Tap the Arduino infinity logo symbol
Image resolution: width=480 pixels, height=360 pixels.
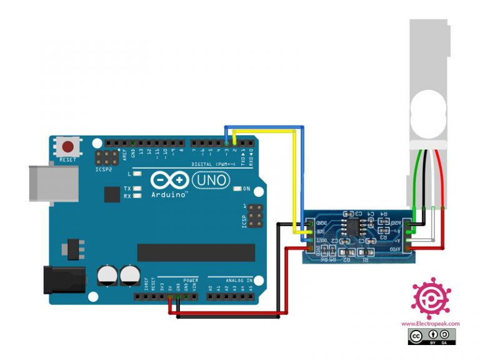pyautogui.click(x=169, y=180)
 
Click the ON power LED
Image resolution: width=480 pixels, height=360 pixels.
pyautogui.click(x=236, y=189)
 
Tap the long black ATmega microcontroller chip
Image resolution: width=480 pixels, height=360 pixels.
pyautogui.click(x=196, y=252)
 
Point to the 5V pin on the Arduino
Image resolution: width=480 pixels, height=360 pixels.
pyautogui.click(x=170, y=297)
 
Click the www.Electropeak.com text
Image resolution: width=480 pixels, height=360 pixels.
pyautogui.click(x=430, y=323)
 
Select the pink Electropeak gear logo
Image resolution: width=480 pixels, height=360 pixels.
pyautogui.click(x=431, y=298)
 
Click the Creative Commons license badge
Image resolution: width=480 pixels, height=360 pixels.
pyautogui.click(x=432, y=337)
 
